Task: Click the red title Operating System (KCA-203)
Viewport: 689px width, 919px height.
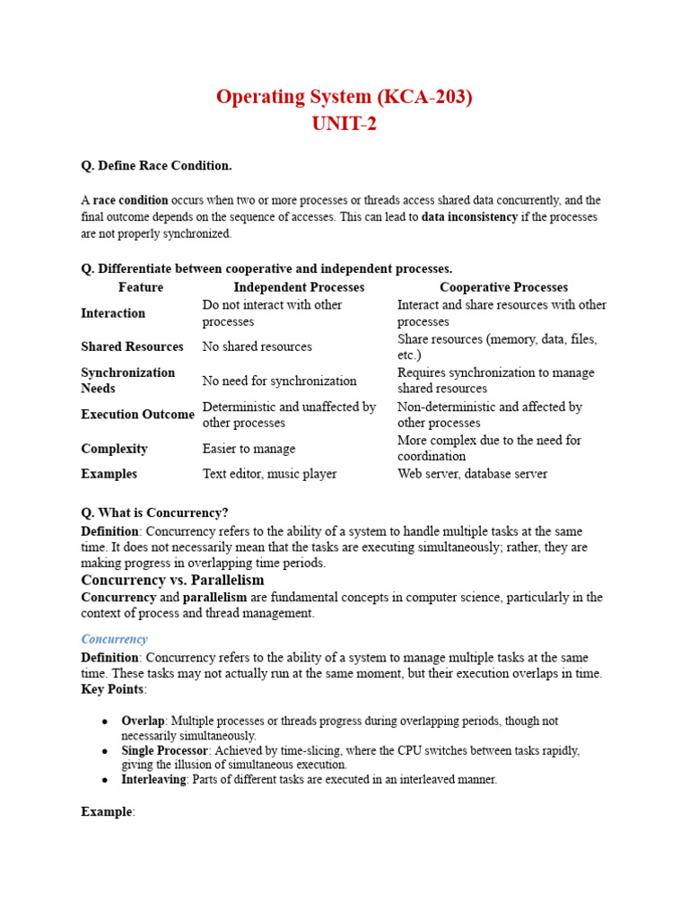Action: pos(344,97)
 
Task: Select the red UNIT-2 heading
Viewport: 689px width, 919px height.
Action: pos(344,124)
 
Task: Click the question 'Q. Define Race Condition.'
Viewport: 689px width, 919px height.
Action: pos(156,166)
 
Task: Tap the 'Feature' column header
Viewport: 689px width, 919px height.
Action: pos(141,287)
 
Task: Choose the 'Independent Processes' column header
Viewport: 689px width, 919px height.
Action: pos(299,287)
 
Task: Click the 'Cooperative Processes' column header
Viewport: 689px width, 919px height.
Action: pos(503,287)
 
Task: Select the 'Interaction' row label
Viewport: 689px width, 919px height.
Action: pos(113,313)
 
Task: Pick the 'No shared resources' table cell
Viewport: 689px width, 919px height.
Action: pos(257,346)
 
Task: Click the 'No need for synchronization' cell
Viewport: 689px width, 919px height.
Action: pos(279,381)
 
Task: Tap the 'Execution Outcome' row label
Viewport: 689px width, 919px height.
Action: pos(137,415)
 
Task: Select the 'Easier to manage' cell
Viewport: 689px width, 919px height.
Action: pos(249,449)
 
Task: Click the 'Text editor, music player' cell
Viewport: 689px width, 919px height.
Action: pos(269,474)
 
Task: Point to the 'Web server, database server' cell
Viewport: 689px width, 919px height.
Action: pos(472,474)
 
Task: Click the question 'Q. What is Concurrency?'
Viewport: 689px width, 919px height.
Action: pos(154,513)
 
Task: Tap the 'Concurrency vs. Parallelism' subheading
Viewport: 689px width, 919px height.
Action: pos(172,581)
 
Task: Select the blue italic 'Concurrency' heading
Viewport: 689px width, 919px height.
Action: pos(114,639)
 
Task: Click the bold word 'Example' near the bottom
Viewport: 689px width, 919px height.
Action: pos(107,811)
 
